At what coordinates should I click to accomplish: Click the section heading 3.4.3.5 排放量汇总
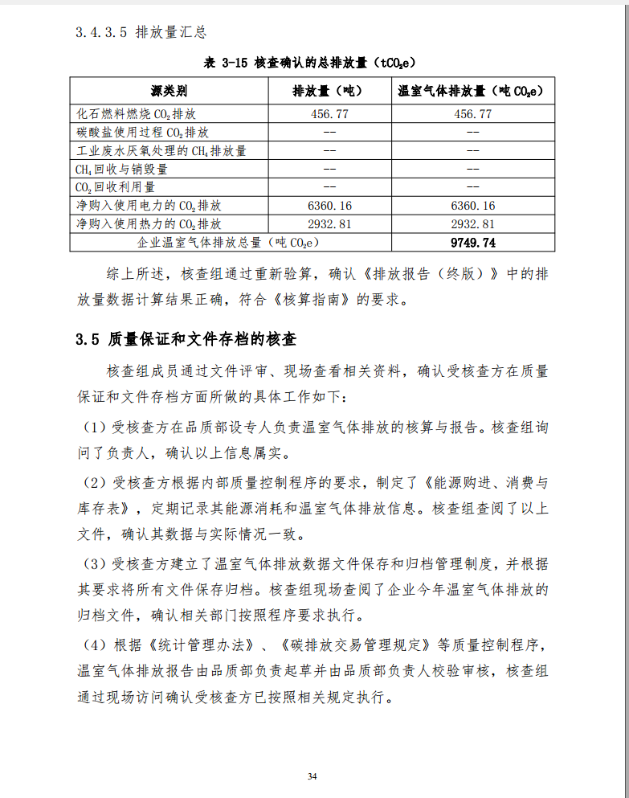coord(141,33)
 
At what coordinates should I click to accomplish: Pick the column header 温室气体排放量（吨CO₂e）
coord(472,91)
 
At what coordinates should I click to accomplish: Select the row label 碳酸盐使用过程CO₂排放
coord(142,132)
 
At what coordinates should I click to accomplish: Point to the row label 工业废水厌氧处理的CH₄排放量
coord(161,150)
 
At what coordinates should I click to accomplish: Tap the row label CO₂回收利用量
coord(116,186)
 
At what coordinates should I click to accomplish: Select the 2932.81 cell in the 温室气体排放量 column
coord(472,224)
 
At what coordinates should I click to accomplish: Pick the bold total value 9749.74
coord(472,243)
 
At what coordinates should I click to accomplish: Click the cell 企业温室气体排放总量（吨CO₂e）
coord(229,243)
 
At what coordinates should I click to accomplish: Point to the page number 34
coord(312,775)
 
